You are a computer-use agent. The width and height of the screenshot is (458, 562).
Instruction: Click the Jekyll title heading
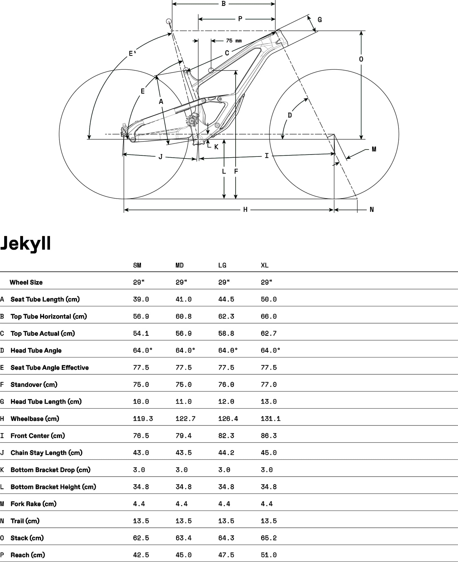point(26,243)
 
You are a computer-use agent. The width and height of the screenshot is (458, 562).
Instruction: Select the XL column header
point(265,265)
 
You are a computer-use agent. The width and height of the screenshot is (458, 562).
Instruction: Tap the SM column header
point(137,265)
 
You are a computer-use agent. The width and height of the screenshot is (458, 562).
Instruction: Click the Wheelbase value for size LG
point(228,419)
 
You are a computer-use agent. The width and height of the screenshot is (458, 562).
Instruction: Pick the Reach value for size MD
point(183,555)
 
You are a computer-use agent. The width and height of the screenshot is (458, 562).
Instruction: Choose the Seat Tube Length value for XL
point(268,299)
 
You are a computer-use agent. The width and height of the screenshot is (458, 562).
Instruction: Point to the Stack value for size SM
point(141,538)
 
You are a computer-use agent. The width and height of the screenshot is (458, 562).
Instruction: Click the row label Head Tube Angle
point(36,350)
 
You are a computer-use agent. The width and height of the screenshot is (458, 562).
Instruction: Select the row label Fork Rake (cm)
point(33,504)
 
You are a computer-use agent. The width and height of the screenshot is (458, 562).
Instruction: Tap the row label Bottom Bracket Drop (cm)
point(50,470)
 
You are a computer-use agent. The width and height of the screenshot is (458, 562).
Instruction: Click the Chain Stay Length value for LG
point(226,453)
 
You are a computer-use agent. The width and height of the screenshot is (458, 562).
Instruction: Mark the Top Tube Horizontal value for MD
point(183,316)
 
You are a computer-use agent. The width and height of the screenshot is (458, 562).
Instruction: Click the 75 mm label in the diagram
point(234,41)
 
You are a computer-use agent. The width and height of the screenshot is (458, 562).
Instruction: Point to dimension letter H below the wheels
point(245,210)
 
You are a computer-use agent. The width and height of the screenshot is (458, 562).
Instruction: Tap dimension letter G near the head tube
point(320,20)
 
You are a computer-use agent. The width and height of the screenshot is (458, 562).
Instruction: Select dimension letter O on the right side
point(361,59)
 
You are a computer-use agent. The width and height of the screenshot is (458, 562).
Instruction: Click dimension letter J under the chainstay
point(160,157)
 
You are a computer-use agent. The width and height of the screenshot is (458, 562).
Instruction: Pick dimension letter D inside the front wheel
point(290,115)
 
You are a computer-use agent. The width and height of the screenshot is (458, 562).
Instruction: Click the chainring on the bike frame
point(192,121)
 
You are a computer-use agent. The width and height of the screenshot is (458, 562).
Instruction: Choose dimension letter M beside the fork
point(374,149)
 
